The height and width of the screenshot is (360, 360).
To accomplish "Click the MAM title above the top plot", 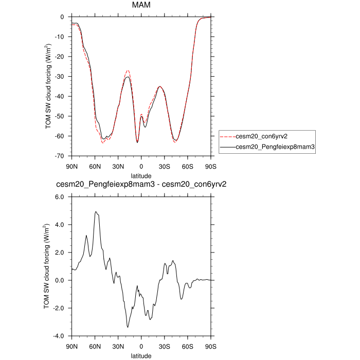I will point(141,6).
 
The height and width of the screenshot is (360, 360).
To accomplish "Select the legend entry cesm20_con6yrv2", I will point(261,137).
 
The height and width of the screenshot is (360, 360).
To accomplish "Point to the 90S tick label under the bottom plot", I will point(210,347).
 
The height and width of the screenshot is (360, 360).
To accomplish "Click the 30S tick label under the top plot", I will point(164,167).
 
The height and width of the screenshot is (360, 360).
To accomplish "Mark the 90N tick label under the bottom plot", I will point(71,347).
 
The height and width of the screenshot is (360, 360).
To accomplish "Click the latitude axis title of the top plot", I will point(141,175).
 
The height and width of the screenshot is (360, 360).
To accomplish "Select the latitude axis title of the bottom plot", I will point(141,355).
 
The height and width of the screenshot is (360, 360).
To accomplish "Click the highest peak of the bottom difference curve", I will point(95,211).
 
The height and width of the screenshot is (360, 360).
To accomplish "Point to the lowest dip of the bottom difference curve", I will point(128,327).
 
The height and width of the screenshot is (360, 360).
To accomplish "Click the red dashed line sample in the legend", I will point(227,137).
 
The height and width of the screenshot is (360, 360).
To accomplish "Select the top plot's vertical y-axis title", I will point(48,86).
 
